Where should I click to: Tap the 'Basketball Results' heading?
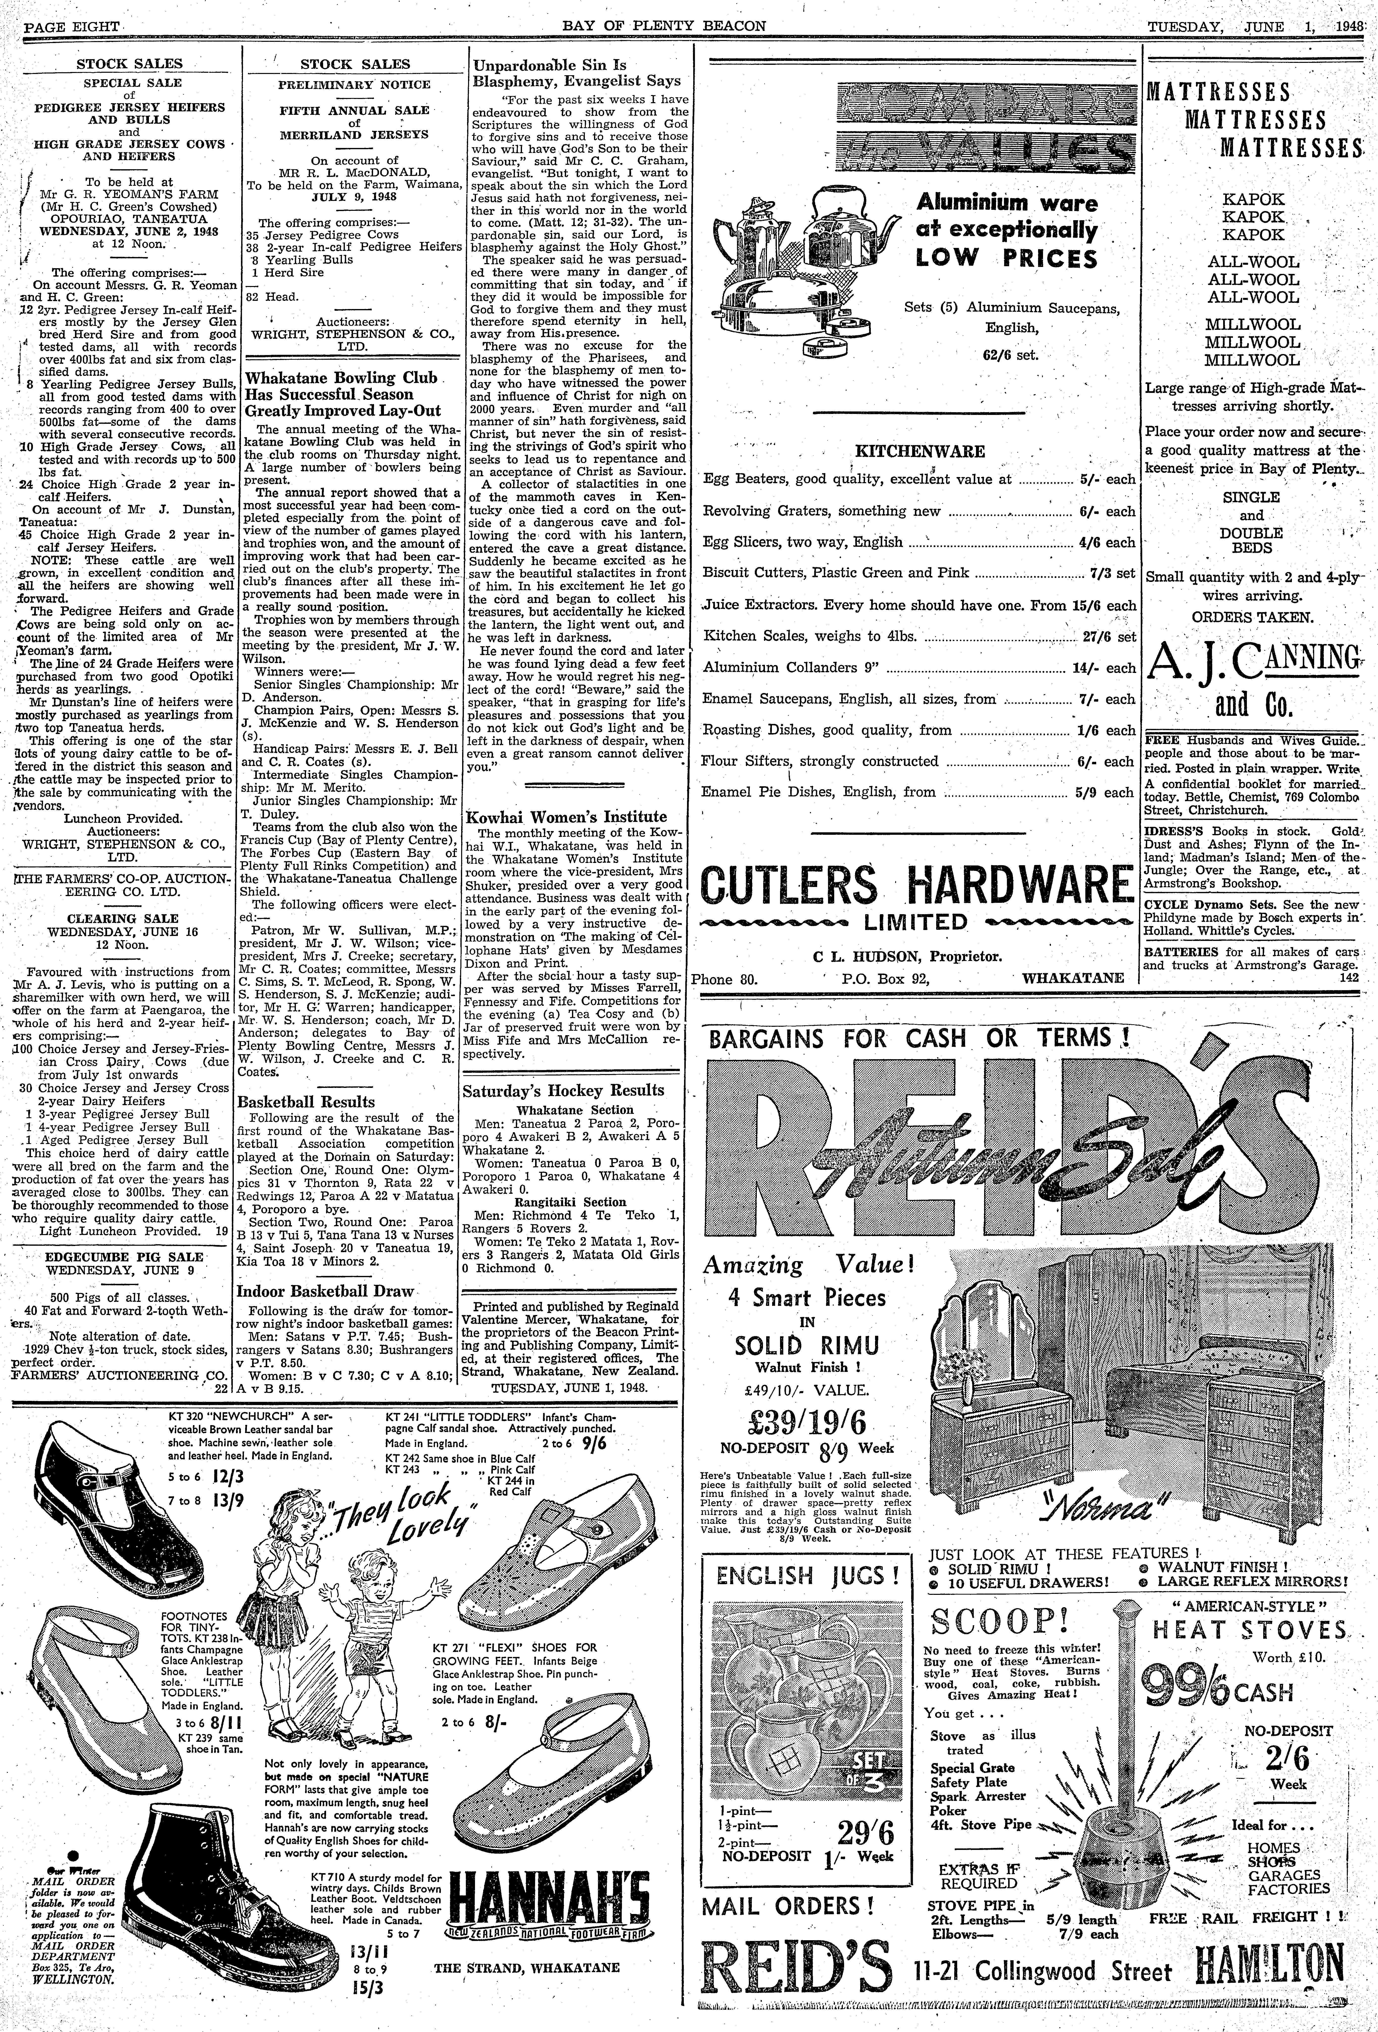[306, 1102]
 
